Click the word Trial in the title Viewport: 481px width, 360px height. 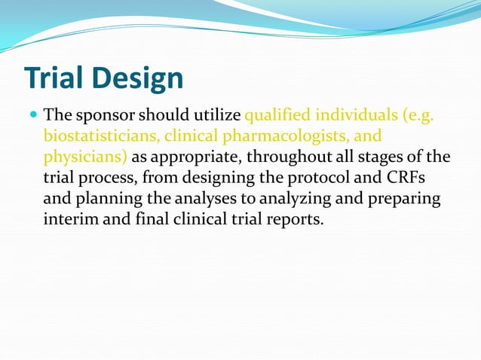pos(56,78)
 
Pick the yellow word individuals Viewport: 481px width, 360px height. pos(355,117)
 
